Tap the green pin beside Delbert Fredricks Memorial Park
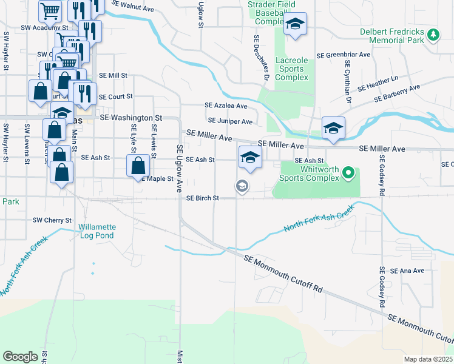(x=433, y=35)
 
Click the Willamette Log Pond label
(x=97, y=232)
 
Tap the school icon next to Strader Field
(x=296, y=25)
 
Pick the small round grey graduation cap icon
(x=242, y=186)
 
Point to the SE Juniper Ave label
(x=230, y=122)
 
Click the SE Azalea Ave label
(x=226, y=106)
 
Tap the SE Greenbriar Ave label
(x=348, y=54)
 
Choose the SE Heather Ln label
(x=378, y=83)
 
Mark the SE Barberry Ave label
(x=397, y=93)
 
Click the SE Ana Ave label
(x=408, y=271)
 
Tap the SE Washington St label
(x=131, y=118)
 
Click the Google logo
(x=20, y=357)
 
